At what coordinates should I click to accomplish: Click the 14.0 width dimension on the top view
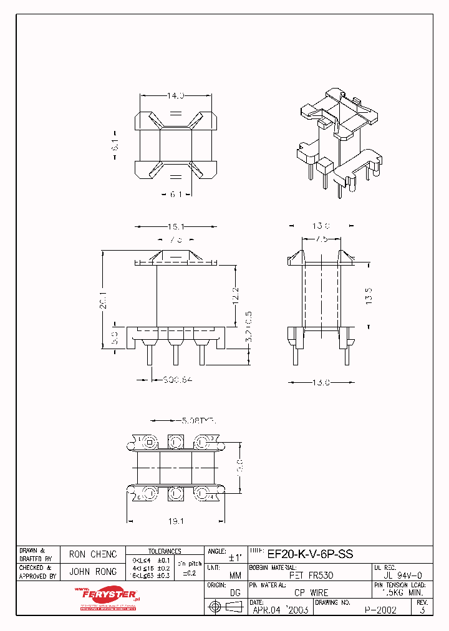point(175,96)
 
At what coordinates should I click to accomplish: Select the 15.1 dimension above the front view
point(175,228)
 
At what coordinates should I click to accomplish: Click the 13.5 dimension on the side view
point(369,294)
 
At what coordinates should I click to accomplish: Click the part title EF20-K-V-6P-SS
point(310,553)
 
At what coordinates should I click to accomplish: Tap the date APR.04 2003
point(281,610)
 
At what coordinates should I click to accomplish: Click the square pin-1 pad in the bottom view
point(150,443)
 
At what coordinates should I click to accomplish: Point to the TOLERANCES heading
point(165,551)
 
